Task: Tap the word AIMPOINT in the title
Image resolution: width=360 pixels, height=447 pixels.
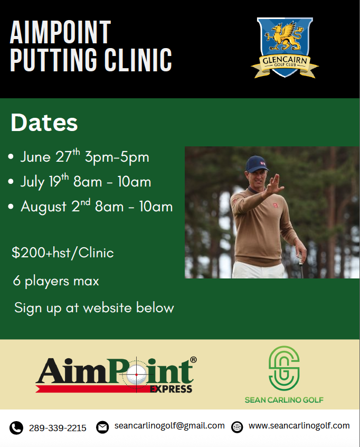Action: coord(60,33)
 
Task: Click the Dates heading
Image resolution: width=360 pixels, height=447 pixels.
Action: coord(44,123)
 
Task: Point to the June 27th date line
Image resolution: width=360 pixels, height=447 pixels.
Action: coord(84,157)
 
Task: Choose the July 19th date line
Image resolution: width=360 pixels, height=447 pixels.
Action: coord(86,182)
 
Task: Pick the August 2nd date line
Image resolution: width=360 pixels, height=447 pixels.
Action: coord(97,206)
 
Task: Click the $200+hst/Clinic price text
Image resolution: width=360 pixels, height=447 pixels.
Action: coord(63,253)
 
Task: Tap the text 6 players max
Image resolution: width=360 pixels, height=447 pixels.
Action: coord(56,281)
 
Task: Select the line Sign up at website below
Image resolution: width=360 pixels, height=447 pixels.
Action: coord(94,308)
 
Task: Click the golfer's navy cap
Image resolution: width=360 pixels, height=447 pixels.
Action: coord(258,164)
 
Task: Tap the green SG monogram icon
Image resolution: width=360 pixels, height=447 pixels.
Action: coord(284,367)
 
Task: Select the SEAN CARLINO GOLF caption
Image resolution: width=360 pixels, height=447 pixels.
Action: coord(284,400)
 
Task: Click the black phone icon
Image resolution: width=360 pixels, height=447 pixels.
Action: coord(16,427)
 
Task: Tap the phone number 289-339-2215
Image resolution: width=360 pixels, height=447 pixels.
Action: coord(58,428)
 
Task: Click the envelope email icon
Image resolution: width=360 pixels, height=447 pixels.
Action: coord(102,427)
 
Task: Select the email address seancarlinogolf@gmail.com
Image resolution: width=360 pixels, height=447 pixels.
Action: coord(169,426)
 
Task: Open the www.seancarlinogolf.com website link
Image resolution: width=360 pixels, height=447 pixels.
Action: coord(299,426)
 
